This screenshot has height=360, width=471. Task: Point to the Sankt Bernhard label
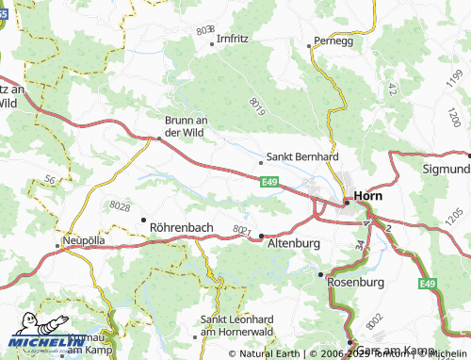302,156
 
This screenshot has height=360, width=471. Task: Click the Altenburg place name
295,242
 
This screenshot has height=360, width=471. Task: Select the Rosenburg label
357,281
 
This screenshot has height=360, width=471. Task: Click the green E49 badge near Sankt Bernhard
269,179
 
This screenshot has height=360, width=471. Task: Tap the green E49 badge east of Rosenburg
429,284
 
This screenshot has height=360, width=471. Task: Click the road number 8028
120,205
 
